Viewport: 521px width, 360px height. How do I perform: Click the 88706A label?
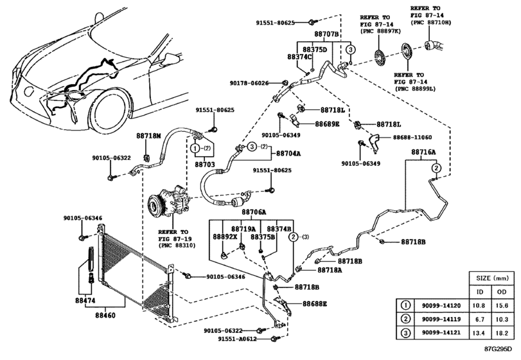point(254,212)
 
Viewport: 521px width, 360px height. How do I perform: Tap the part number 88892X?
point(225,237)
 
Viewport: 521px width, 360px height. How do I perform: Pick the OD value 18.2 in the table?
point(504,334)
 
